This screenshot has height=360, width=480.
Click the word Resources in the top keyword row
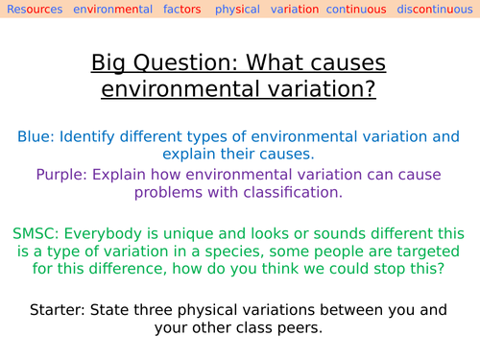click(x=35, y=10)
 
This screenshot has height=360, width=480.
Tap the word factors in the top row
click(x=179, y=10)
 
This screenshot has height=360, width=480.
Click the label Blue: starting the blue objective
click(x=36, y=136)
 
